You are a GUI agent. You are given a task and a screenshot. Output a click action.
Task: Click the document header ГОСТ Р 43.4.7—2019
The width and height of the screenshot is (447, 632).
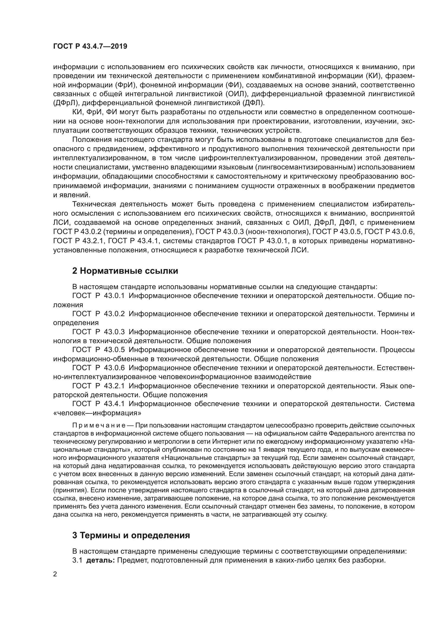(90, 46)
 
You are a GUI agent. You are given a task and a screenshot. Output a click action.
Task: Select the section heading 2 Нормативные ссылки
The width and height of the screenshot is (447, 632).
(125, 271)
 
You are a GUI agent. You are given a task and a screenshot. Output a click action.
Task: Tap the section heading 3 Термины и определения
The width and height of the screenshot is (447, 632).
(131, 535)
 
